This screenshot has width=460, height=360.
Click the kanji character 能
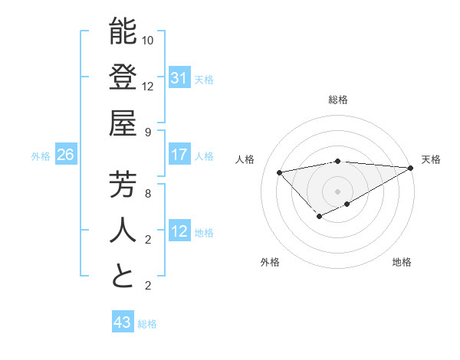[123, 32]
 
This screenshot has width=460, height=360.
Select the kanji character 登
[123, 78]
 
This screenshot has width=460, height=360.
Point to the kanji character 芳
[123, 185]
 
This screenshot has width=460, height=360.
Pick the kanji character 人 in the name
[123, 231]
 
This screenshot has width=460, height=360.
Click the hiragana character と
[123, 277]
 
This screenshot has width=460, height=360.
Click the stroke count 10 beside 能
[149, 40]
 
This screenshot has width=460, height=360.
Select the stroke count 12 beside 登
[149, 86]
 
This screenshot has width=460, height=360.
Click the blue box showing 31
[179, 78]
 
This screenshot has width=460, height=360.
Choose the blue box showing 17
[179, 155]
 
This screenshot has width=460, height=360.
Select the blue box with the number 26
[65, 155]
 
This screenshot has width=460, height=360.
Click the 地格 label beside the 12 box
[205, 232]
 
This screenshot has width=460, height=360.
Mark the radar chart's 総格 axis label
[337, 100]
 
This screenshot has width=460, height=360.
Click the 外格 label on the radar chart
[270, 262]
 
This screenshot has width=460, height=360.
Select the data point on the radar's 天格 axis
[411, 168]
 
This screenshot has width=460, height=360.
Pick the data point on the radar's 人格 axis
[279, 172]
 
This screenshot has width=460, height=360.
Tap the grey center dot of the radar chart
[337, 191]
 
